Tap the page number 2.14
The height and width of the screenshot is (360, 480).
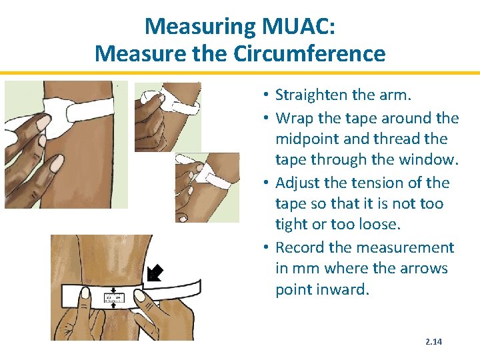pos(434,342)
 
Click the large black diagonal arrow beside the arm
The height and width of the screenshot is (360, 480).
pos(155,273)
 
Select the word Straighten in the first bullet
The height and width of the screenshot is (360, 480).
pos(309,95)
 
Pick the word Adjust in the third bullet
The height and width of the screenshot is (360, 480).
pos(297,183)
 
